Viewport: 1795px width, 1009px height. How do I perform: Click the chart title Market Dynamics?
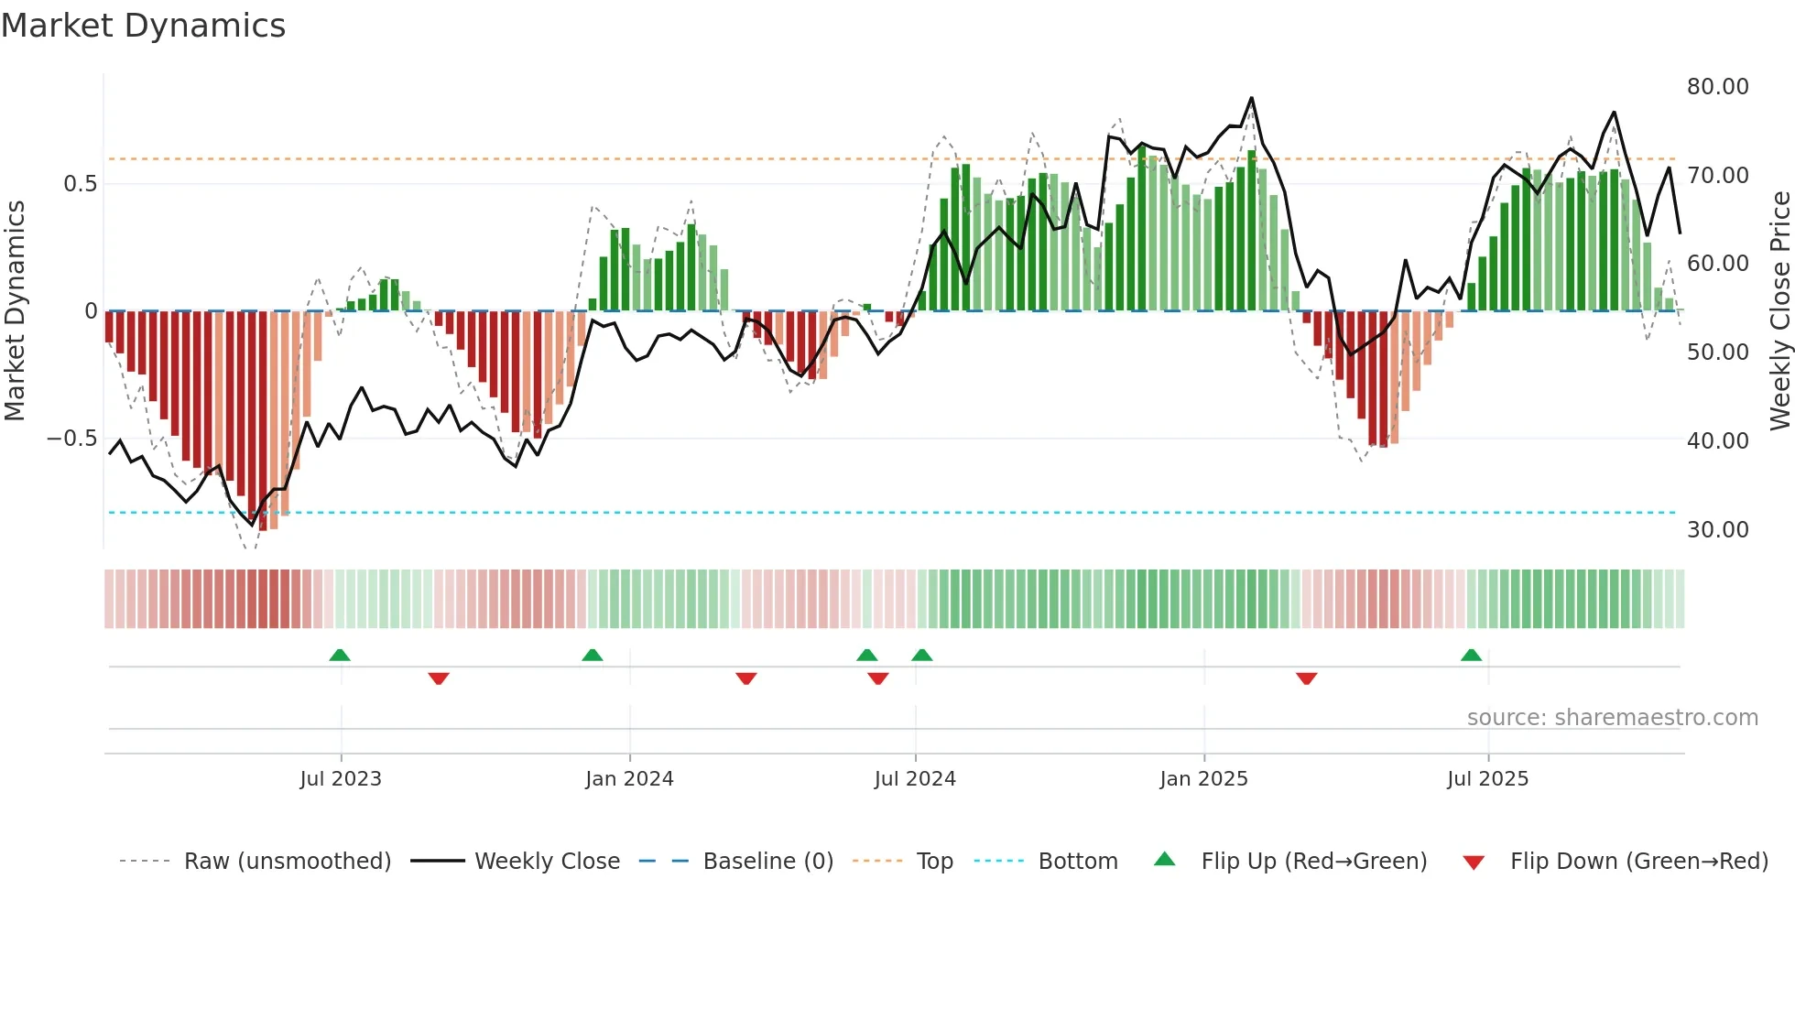click(x=143, y=26)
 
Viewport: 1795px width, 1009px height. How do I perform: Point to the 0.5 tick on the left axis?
click(x=80, y=184)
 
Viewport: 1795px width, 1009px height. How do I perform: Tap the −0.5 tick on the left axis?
click(x=71, y=439)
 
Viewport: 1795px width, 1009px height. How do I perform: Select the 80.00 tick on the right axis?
click(x=1717, y=87)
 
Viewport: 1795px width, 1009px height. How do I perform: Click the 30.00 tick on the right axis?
click(x=1717, y=530)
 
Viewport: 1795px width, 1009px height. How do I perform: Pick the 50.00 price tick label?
click(x=1717, y=353)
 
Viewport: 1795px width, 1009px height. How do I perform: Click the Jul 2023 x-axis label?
click(x=341, y=779)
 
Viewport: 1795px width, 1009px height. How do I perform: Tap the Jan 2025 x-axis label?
click(x=1203, y=779)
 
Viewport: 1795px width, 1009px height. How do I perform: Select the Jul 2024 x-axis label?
click(x=915, y=779)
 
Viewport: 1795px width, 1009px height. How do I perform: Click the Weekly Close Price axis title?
click(x=1779, y=311)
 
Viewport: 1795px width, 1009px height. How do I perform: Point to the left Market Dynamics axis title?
click(x=15, y=311)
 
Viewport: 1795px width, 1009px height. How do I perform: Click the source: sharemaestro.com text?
click(x=1612, y=718)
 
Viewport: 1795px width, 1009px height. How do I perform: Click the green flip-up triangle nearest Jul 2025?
click(x=1471, y=656)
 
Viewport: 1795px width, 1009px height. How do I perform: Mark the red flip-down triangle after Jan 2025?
click(x=1306, y=678)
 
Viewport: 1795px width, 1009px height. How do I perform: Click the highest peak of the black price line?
click(x=1251, y=98)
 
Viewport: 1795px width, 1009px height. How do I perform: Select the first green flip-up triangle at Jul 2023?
click(x=340, y=656)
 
